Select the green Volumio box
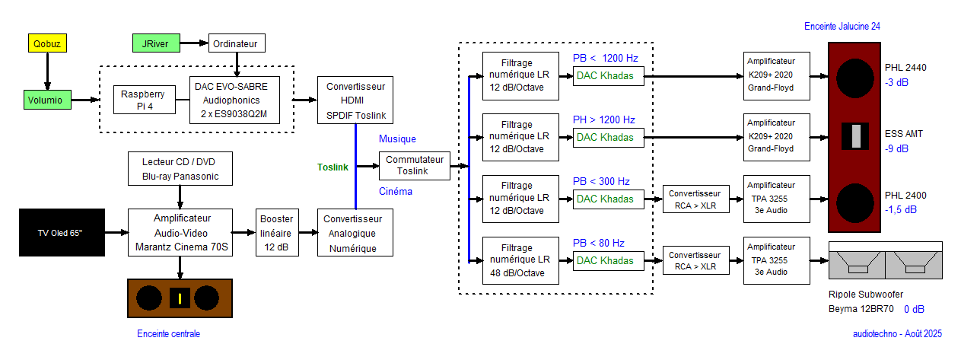tap(47, 99)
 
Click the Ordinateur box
tap(237, 43)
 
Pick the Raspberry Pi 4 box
tap(143, 100)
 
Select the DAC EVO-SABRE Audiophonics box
tap(237, 100)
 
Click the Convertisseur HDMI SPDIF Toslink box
tap(355, 100)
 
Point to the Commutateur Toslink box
tap(415, 165)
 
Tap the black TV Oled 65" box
tap(61, 231)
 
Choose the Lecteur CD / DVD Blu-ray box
tap(180, 170)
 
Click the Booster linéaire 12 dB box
tap(276, 232)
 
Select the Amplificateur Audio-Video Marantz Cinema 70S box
tap(180, 232)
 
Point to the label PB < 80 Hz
tap(598, 243)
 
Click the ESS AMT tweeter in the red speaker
tap(857, 135)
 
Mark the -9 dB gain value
tap(896, 149)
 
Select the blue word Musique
tap(397, 139)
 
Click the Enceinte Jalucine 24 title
tap(842, 26)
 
